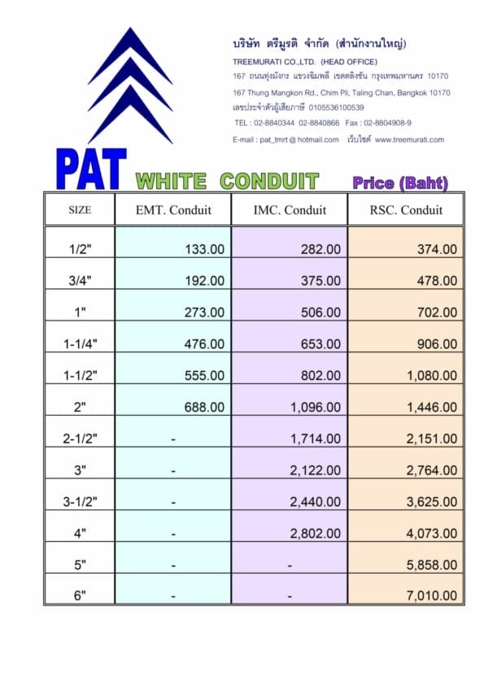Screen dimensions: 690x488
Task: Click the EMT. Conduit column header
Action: (173, 210)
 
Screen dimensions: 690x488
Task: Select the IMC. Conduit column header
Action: (290, 210)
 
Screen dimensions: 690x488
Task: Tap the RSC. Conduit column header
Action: (406, 210)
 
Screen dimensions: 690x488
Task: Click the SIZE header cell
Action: (80, 210)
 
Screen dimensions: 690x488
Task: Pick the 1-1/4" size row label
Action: (80, 344)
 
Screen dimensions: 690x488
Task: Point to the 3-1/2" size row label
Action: (80, 502)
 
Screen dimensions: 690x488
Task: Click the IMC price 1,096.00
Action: (315, 407)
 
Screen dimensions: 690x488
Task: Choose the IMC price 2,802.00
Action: (315, 534)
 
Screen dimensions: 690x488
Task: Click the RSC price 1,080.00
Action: (431, 376)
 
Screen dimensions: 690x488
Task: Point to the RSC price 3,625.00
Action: (431, 502)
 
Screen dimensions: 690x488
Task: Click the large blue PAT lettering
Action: (91, 168)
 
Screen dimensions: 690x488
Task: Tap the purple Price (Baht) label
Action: (400, 183)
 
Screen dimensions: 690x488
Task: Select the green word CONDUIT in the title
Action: (269, 181)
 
